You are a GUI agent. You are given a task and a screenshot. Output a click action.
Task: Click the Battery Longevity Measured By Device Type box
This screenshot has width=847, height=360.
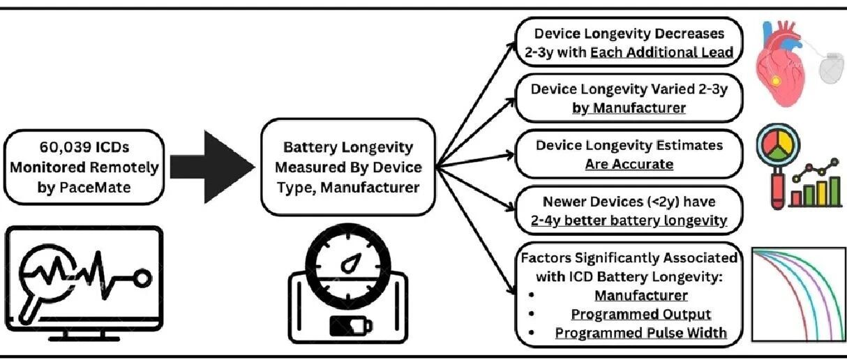point(348,167)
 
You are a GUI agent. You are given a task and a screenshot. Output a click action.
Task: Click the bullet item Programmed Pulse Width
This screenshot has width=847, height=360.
point(640,333)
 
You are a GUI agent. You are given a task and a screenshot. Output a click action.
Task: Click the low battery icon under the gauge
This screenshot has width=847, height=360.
point(348,325)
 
